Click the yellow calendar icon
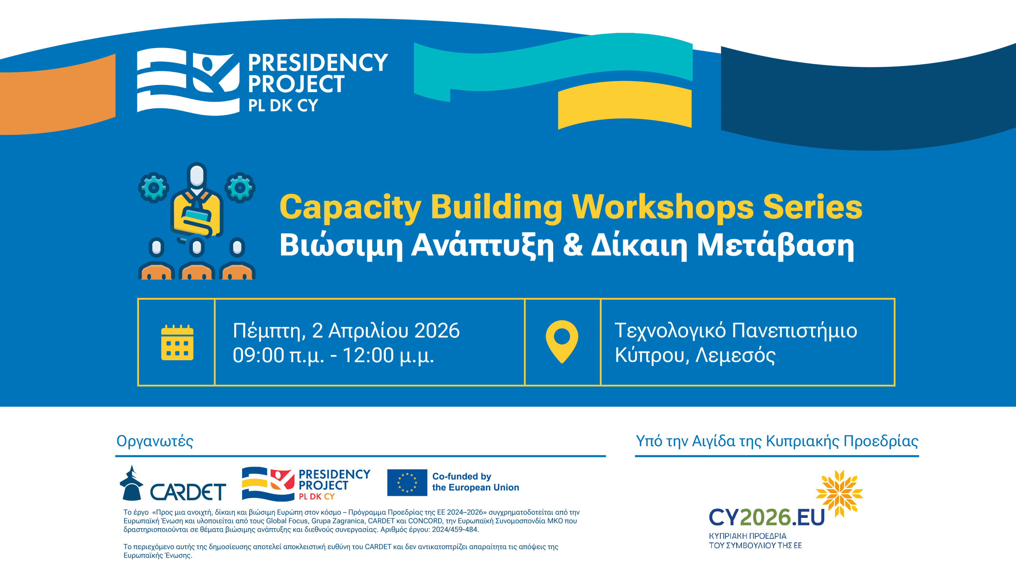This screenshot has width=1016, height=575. click(x=177, y=342)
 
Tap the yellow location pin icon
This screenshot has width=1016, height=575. click(x=562, y=341)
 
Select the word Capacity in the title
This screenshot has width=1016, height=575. click(x=350, y=208)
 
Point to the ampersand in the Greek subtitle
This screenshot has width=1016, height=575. click(x=573, y=245)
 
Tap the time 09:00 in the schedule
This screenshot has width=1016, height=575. click(x=258, y=355)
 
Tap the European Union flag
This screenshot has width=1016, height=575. click(x=407, y=482)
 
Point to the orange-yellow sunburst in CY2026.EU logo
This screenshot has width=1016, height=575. click(x=839, y=493)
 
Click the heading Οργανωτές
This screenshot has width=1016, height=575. click(x=155, y=441)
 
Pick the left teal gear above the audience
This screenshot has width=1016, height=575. click(x=154, y=187)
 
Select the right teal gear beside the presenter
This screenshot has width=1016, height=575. click(x=240, y=187)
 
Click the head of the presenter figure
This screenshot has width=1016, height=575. click(x=197, y=175)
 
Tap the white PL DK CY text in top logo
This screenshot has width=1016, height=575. click(x=283, y=106)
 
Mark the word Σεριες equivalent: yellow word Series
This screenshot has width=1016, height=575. click(x=812, y=207)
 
